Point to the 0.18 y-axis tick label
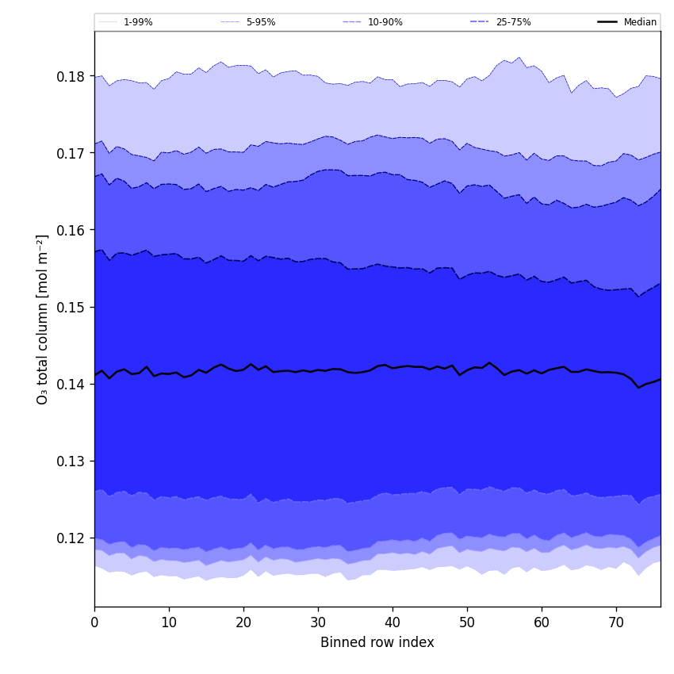(x=71, y=77)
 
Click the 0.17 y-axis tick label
(x=71, y=154)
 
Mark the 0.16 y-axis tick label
(x=71, y=231)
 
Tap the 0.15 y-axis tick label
(x=71, y=308)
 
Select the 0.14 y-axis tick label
(x=71, y=385)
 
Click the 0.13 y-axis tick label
(x=71, y=461)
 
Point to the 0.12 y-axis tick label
(x=71, y=538)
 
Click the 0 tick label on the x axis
(x=94, y=623)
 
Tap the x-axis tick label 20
(x=243, y=623)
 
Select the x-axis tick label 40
(x=393, y=623)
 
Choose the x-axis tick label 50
(x=467, y=623)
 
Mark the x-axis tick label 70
(x=616, y=623)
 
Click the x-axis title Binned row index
(x=377, y=643)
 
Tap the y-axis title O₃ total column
(x=43, y=319)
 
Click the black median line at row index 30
(x=318, y=370)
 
